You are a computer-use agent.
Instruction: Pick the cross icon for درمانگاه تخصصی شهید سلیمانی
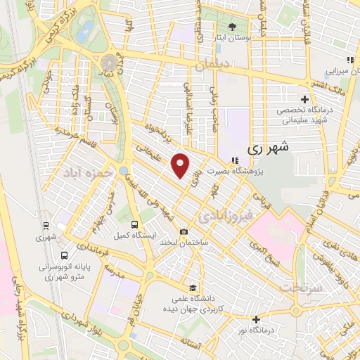pos(304,99)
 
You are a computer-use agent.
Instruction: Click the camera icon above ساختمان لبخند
pos(184,232)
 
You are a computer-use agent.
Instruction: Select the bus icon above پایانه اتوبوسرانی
pos(64,255)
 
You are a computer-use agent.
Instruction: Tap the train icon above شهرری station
pos(46,226)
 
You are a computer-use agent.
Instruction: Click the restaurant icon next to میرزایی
pos(349,60)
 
